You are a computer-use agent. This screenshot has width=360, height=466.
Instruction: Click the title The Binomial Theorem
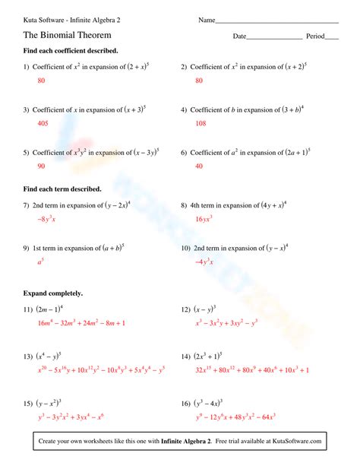(68, 35)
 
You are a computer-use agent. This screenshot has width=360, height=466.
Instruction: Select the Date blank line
(274, 38)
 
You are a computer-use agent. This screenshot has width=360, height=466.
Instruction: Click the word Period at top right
(314, 36)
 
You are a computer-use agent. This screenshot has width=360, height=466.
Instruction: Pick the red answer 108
(201, 122)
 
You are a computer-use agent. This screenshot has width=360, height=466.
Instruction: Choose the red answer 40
(199, 166)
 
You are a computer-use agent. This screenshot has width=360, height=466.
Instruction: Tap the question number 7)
(27, 205)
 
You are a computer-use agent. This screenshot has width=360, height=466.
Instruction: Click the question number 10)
(186, 248)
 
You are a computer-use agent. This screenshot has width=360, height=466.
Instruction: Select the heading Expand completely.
(53, 293)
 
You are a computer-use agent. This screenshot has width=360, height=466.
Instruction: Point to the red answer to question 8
(204, 219)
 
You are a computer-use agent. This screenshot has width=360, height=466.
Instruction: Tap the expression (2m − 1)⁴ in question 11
(49, 309)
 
